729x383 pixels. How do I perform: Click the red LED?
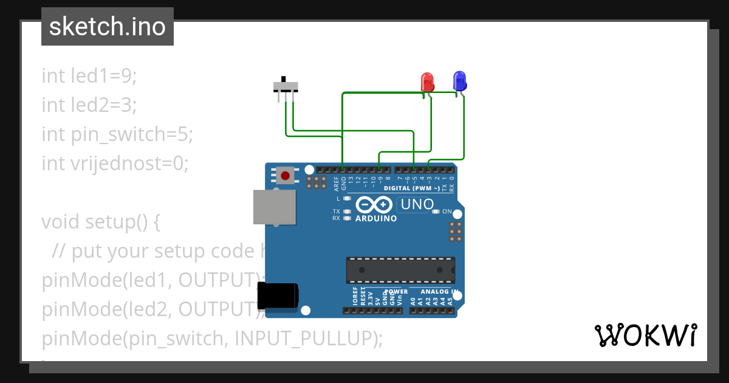[x=427, y=81]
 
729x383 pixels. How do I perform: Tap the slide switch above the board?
[x=285, y=85]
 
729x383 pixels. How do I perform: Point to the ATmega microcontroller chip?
[x=400, y=270]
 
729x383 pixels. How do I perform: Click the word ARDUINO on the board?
[x=376, y=218]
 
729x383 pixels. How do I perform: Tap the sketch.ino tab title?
[x=108, y=27]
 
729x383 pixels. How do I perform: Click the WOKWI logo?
[x=645, y=335]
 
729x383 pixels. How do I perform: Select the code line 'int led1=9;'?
[x=89, y=76]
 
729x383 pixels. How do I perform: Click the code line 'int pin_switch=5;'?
[x=117, y=134]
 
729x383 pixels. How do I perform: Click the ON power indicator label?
[x=447, y=212]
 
